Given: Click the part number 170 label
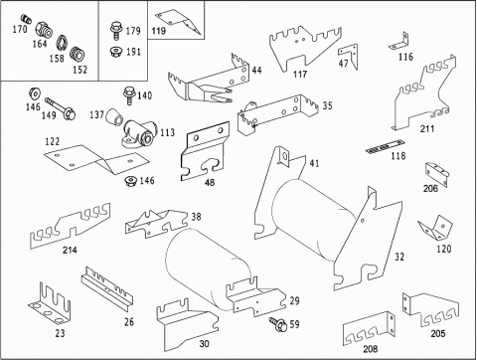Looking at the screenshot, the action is (x=20, y=29).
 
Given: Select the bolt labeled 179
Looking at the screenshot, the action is (x=115, y=31).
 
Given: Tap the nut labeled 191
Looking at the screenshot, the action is (x=115, y=52).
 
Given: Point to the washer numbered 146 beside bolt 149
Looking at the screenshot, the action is (x=34, y=93).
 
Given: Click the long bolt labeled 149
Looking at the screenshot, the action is (x=61, y=107).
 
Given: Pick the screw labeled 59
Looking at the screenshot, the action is (x=278, y=323).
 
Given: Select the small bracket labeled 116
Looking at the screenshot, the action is (x=398, y=41).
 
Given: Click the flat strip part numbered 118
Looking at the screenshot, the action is (x=385, y=146).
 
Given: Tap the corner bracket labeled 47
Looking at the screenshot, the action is (x=348, y=56).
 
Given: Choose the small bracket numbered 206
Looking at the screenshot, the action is (x=436, y=173).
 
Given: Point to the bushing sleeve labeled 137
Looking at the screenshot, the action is (x=114, y=117).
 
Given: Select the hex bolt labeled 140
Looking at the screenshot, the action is (x=128, y=95).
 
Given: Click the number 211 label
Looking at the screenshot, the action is (x=427, y=128).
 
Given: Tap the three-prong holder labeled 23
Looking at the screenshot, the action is (x=50, y=303).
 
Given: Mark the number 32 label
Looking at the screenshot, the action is (x=399, y=257).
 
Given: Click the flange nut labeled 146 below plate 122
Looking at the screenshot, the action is (x=130, y=182).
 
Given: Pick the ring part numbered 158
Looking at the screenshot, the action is (x=62, y=42).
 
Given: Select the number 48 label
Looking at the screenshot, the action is (x=210, y=182).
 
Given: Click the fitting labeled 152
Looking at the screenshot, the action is (x=78, y=54).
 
